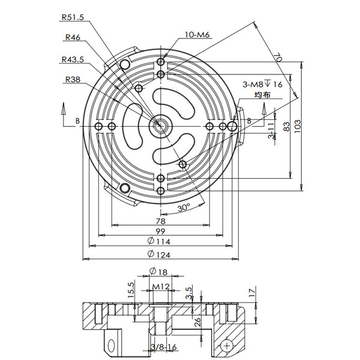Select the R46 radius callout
tap(72, 37)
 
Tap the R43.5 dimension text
tap(73, 59)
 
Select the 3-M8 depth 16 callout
tap(262, 85)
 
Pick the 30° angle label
tap(184, 208)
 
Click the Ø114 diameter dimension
tap(158, 241)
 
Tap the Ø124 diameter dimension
tap(158, 255)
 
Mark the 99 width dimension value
tap(160, 231)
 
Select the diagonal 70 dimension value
tap(278, 58)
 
